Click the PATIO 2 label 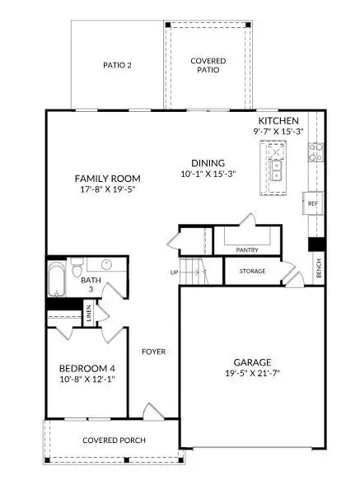[118, 65]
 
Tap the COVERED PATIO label [208, 66]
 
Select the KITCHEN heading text [279, 120]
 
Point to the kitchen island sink [277, 170]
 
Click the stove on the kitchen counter [314, 151]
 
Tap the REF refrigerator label [312, 203]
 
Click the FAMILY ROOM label [107, 179]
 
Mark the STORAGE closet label [252, 271]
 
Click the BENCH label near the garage [319, 268]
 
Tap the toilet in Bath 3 [76, 267]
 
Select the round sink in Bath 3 [106, 265]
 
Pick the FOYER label [153, 352]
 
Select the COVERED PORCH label [114, 440]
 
